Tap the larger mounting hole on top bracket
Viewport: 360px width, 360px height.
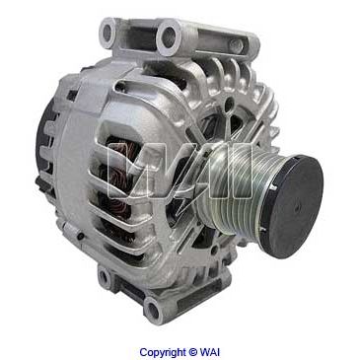pos(169,36)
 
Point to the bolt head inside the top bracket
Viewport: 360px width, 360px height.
pos(237,46)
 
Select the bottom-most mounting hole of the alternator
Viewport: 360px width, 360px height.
pos(152,309)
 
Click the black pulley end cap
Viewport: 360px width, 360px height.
pos(291,206)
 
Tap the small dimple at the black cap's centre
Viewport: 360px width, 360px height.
pos(298,207)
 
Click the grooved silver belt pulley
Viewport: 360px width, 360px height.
pos(232,189)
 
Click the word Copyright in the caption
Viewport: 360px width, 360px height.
pos(163,352)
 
